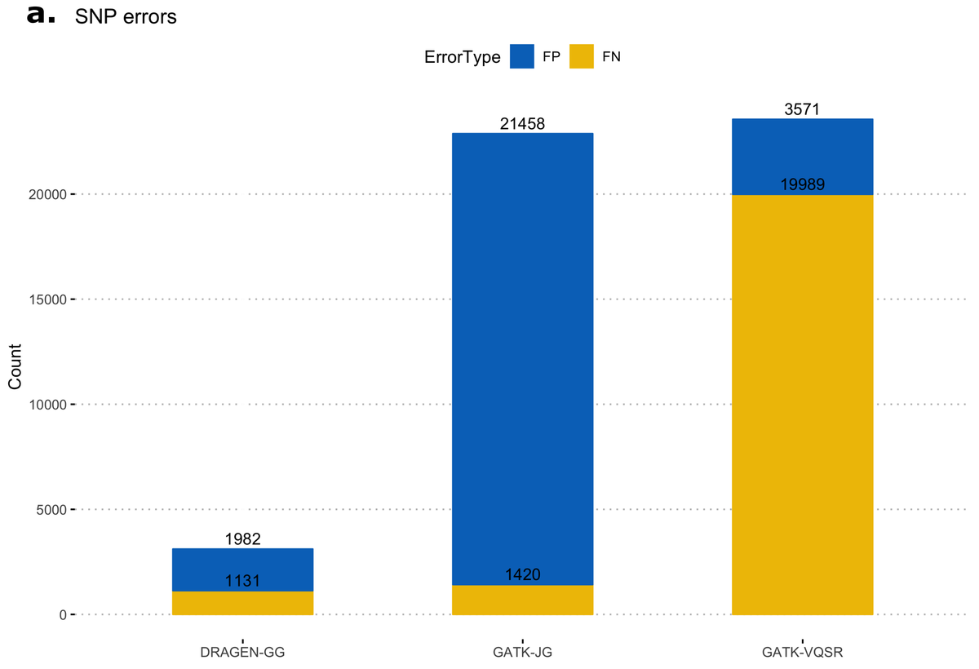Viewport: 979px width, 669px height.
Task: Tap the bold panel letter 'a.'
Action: [x=41, y=15]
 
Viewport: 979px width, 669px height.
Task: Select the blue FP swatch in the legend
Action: [x=521, y=56]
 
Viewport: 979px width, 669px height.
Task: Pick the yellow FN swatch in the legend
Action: [x=581, y=56]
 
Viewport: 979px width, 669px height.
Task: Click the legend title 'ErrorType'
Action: [x=462, y=57]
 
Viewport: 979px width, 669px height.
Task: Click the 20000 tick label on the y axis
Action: [x=46, y=194]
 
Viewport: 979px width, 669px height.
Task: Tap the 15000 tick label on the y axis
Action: [x=46, y=299]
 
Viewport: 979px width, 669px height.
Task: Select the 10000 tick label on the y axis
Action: [x=46, y=405]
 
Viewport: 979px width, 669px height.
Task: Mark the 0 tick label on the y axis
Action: [x=60, y=615]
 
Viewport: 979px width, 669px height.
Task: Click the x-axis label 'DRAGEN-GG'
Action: [x=242, y=653]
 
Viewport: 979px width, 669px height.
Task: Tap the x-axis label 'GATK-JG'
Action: [x=522, y=653]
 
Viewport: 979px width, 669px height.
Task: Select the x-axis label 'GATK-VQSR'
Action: [x=802, y=653]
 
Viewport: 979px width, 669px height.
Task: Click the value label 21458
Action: [x=522, y=124]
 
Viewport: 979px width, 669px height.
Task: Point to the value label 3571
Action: [x=802, y=109]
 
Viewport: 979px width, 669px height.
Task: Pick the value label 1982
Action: [x=242, y=539]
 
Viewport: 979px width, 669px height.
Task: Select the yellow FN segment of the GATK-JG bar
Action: [x=522, y=602]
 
